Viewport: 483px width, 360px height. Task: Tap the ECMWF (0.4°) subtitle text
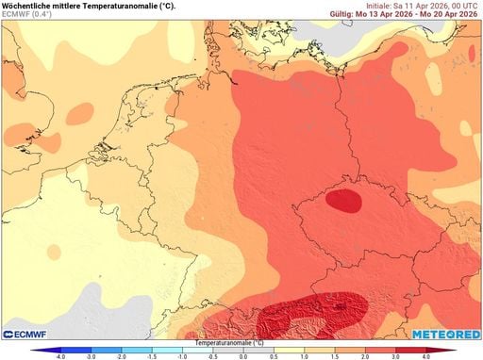[29, 15]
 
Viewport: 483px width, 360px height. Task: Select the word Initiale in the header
[382, 6]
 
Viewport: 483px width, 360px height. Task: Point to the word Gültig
[343, 15]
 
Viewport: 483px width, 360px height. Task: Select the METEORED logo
[445, 334]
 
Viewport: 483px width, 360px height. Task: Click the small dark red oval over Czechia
[346, 200]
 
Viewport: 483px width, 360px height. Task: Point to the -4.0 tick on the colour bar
[60, 356]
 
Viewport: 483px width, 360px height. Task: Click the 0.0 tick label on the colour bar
[243, 356]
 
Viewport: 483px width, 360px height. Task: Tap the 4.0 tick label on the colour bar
[426, 356]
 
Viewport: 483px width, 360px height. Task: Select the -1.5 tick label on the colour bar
[152, 356]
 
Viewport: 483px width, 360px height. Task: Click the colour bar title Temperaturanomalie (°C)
[242, 343]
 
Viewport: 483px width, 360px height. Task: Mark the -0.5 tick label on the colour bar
[212, 356]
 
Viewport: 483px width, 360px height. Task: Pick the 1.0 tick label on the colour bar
[304, 356]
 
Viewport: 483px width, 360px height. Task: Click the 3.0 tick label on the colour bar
[396, 356]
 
